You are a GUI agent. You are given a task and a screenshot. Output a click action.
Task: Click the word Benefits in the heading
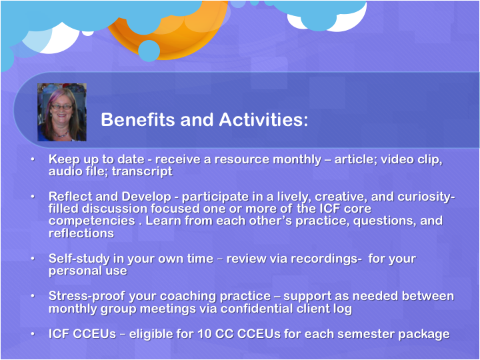[139, 119]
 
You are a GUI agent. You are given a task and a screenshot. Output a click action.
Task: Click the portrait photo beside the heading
[62, 113]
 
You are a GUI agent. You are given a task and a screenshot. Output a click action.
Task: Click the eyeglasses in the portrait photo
[61, 107]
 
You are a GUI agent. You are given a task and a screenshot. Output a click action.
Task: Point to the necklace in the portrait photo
[61, 135]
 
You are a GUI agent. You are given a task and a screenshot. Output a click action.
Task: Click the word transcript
[142, 171]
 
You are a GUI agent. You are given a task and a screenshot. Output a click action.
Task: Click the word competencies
[92, 221]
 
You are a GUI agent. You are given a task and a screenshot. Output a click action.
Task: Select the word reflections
[81, 233]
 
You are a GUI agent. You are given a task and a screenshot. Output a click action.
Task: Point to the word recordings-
[326, 259]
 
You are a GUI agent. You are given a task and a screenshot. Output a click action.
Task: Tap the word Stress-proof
[87, 296]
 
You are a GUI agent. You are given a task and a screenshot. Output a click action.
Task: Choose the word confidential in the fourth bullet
[256, 308]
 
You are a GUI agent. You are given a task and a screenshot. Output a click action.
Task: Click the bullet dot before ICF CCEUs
[33, 334]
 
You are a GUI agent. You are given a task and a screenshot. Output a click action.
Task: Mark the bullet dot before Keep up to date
[33, 159]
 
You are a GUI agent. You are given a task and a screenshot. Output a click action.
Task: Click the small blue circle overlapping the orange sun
[149, 51]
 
